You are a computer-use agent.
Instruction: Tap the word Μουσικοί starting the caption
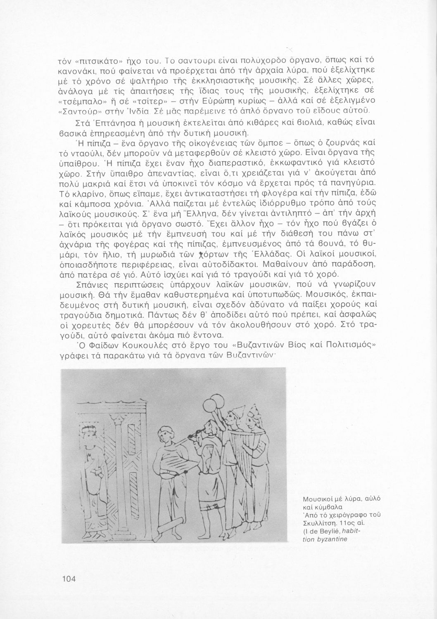point(314,499)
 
